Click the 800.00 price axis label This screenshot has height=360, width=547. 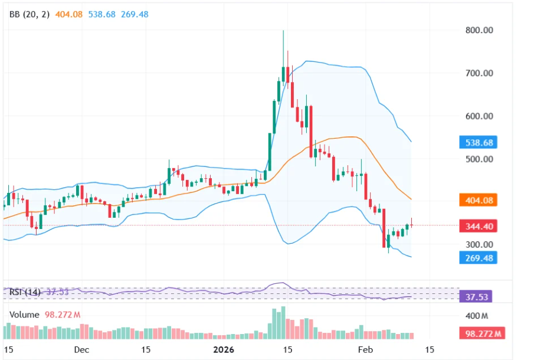[480, 30]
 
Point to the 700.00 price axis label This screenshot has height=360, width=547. [480, 73]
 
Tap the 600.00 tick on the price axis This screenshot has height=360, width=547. [480, 116]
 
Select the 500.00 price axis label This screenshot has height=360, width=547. [480, 159]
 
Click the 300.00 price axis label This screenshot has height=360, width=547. [480, 244]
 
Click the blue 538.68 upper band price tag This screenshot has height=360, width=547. [478, 143]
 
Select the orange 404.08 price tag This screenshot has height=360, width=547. [478, 201]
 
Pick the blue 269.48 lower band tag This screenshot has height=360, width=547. [478, 258]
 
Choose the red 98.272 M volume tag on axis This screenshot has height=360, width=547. [481, 334]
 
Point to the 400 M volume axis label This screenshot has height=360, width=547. [477, 316]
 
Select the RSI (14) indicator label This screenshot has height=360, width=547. [25, 292]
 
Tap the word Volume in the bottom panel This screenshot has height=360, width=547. [24, 315]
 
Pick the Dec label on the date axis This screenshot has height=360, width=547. [82, 349]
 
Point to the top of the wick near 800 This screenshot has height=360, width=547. [283, 31]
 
